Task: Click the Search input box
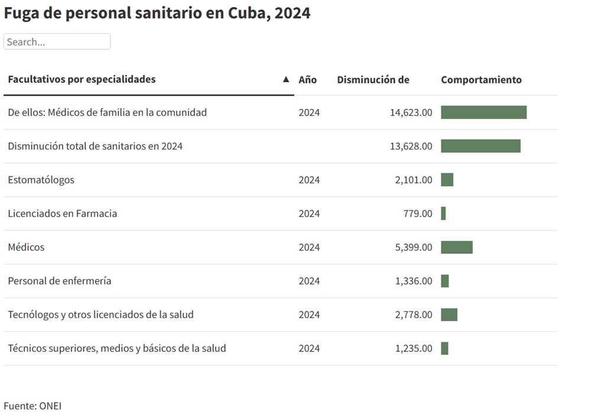tap(57, 42)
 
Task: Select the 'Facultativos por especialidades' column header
tap(82, 79)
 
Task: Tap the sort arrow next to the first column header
tap(286, 79)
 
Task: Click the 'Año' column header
tap(307, 80)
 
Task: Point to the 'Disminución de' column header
tap(373, 80)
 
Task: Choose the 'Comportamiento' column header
tap(481, 80)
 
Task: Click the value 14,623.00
tap(411, 112)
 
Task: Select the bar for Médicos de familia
tap(483, 112)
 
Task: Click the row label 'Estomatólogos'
tap(41, 180)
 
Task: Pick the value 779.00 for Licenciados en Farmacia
tap(418, 214)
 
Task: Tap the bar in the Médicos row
tap(457, 247)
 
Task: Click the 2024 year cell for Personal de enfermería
tap(309, 281)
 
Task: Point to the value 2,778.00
tap(414, 315)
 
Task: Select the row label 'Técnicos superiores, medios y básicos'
tap(116, 348)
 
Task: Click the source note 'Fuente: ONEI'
tap(32, 406)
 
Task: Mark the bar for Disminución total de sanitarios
tap(480, 146)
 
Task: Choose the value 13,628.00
tap(411, 146)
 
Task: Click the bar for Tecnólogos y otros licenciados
tap(449, 315)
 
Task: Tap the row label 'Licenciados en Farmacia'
tap(62, 214)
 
